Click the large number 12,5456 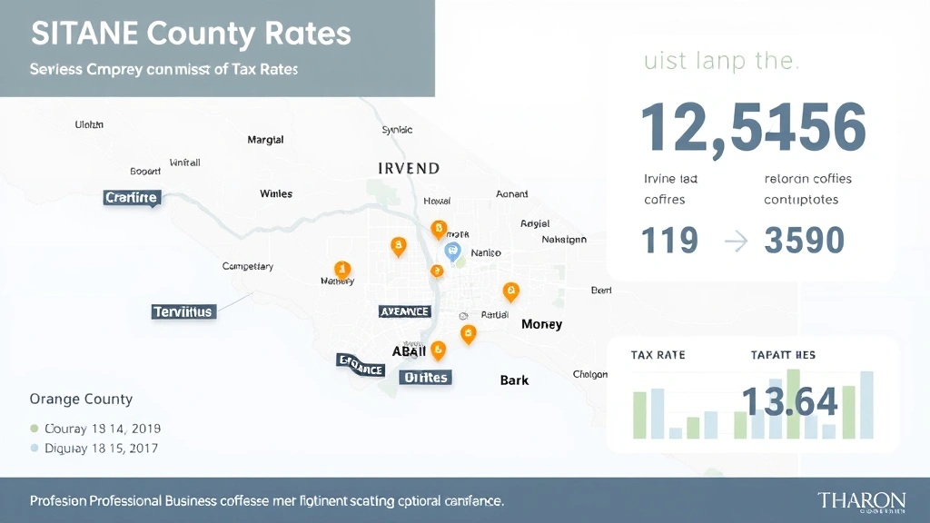pos(753,128)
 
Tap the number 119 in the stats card pos(669,241)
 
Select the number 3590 pos(805,241)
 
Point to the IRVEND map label pos(409,169)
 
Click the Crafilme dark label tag pos(132,197)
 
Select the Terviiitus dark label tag pos(183,311)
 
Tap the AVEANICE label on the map pos(402,311)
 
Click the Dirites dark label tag pos(426,377)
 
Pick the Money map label pos(541,324)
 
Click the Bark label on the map pos(514,380)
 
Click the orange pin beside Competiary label pos(342,269)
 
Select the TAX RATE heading pos(658,355)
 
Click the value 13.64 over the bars pos(789,401)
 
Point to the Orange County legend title pos(81,399)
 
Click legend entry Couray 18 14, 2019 pos(95,428)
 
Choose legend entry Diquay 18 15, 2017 pos(95,448)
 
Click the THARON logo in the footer pos(861,501)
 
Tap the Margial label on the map pos(265,140)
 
